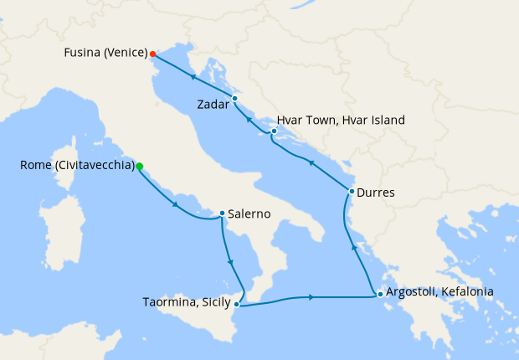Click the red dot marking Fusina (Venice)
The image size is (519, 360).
tap(152, 54)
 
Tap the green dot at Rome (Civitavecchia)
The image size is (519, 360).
tap(139, 166)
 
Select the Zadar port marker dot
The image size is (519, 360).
tap(234, 99)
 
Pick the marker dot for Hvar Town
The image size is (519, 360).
tap(274, 131)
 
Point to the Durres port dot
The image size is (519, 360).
tap(352, 192)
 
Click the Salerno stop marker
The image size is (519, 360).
tap(222, 213)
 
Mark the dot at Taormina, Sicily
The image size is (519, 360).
tap(237, 304)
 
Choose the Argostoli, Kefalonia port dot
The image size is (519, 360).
tap(380, 293)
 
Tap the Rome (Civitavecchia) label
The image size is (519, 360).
tap(77, 166)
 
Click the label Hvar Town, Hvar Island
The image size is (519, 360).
tap(343, 121)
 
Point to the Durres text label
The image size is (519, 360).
tap(376, 193)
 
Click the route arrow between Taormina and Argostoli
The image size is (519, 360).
tap(311, 296)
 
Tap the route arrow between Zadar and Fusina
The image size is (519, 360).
tap(193, 78)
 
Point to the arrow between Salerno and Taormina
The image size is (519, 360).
tap(230, 265)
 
